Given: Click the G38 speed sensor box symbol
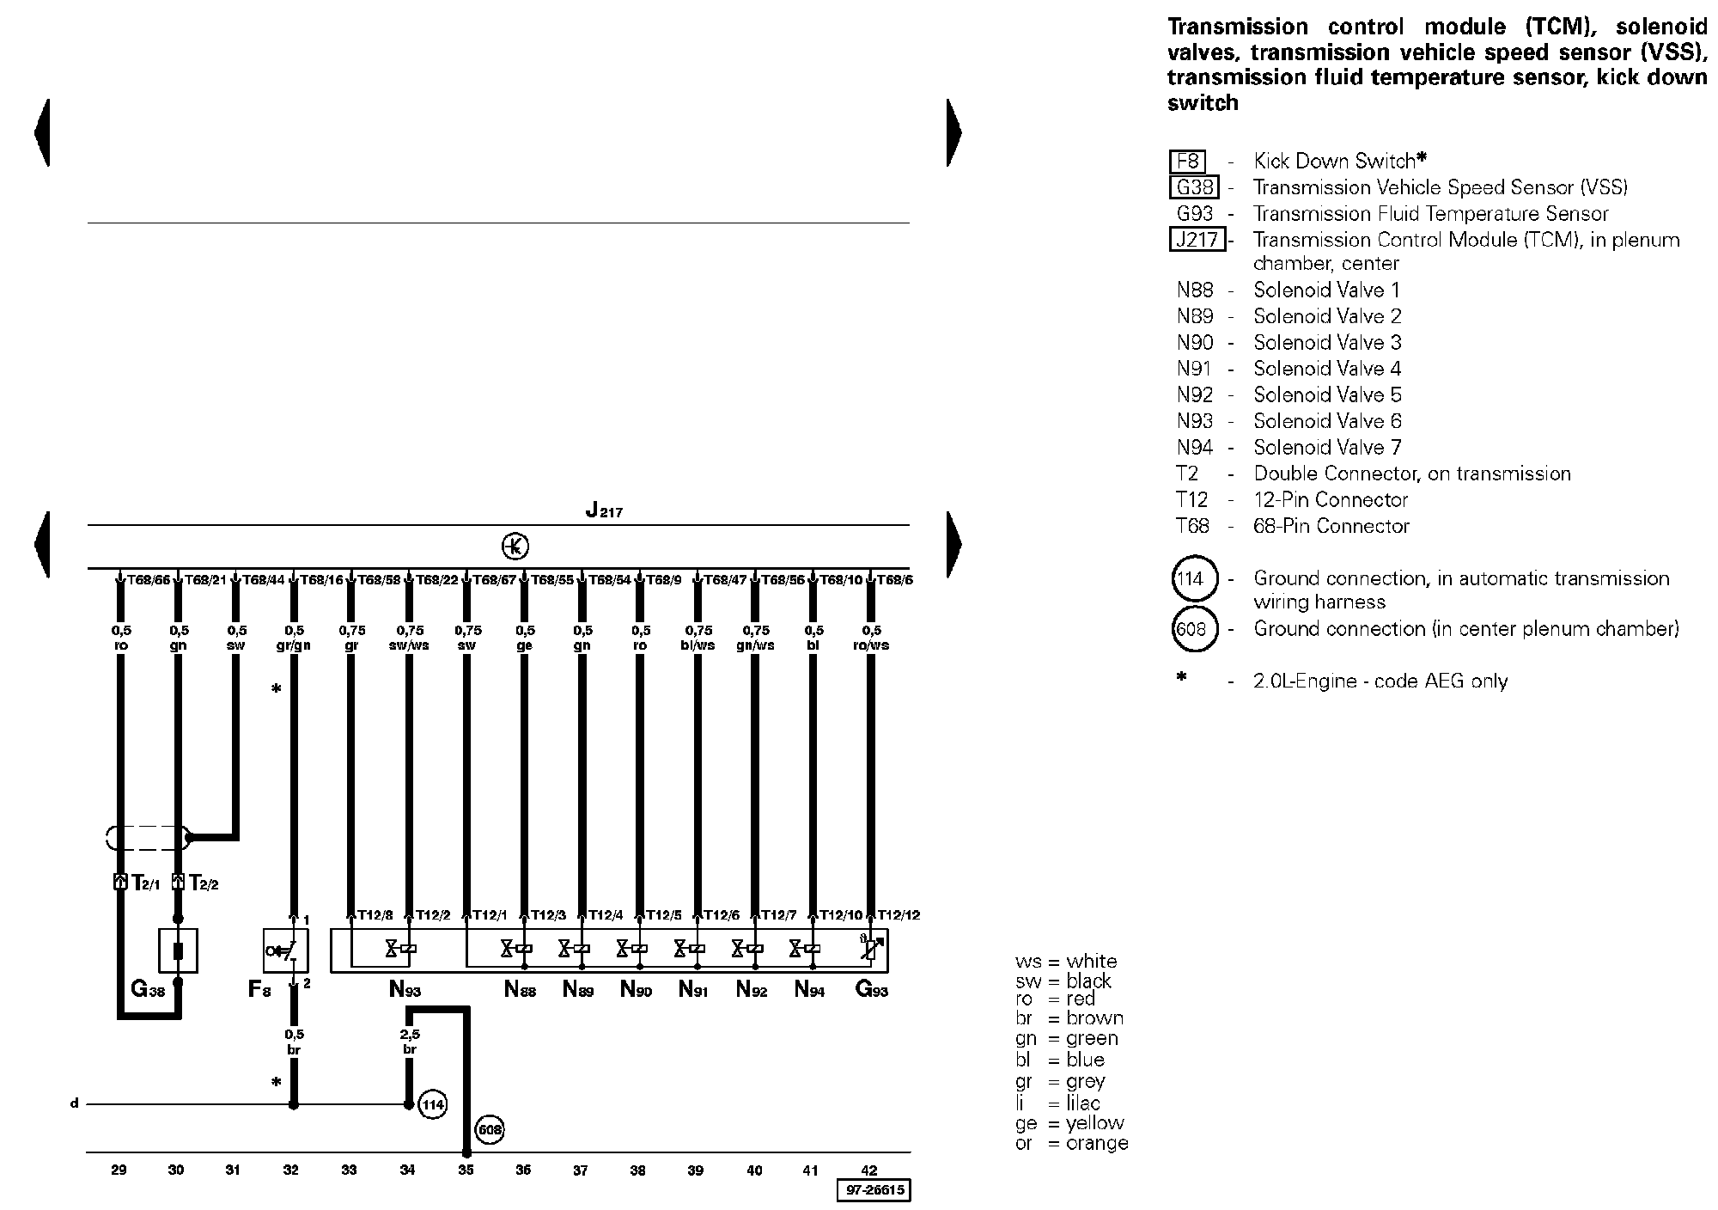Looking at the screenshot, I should [179, 950].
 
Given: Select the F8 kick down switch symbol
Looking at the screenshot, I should [285, 950].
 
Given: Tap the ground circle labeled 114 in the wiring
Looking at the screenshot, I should [432, 1104].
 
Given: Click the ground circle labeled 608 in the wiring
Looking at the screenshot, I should [490, 1130].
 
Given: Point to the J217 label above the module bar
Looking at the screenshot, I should [604, 510].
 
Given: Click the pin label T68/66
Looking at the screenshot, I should [149, 580].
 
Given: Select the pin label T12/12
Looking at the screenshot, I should [899, 915].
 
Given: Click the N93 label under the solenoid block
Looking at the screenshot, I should [405, 989].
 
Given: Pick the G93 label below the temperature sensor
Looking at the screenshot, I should [871, 989].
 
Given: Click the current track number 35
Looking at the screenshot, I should [466, 1170].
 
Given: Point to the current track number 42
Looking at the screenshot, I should [869, 1170].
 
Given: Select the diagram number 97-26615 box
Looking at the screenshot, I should [873, 1190].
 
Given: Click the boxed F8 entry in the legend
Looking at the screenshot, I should [1188, 162].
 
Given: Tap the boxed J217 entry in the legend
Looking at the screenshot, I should [1197, 240].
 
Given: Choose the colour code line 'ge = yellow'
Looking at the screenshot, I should [1069, 1123].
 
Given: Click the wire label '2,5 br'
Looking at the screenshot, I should [410, 1042].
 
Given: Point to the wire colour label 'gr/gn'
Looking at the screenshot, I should [294, 645].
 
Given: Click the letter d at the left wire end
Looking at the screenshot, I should [75, 1103].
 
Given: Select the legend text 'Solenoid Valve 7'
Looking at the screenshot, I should [1327, 448].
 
